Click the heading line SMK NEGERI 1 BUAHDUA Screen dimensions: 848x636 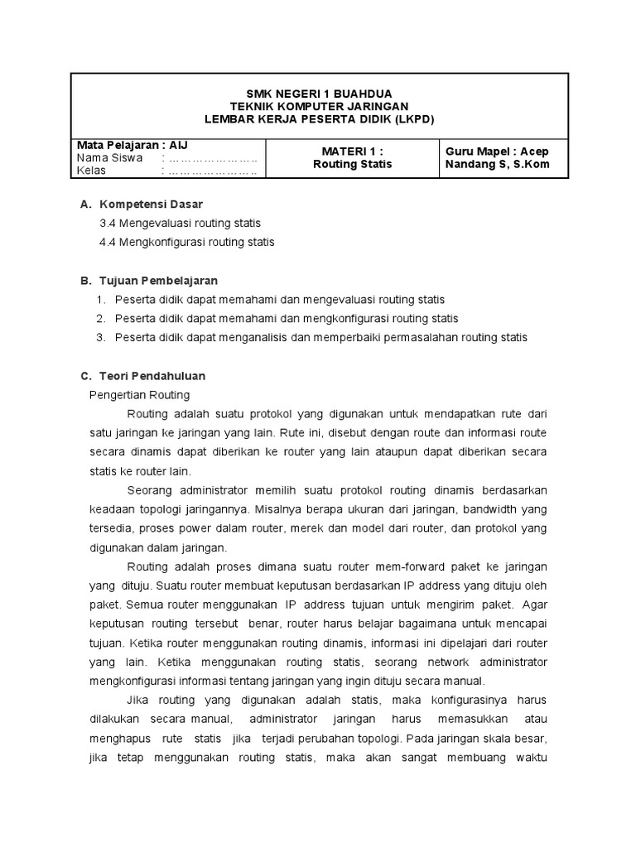319,94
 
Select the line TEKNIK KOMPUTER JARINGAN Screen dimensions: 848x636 319,107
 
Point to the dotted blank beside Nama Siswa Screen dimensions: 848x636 213,157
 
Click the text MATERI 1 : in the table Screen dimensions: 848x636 352,151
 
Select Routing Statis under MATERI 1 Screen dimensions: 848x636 352,164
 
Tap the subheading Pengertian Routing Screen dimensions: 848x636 139,395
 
